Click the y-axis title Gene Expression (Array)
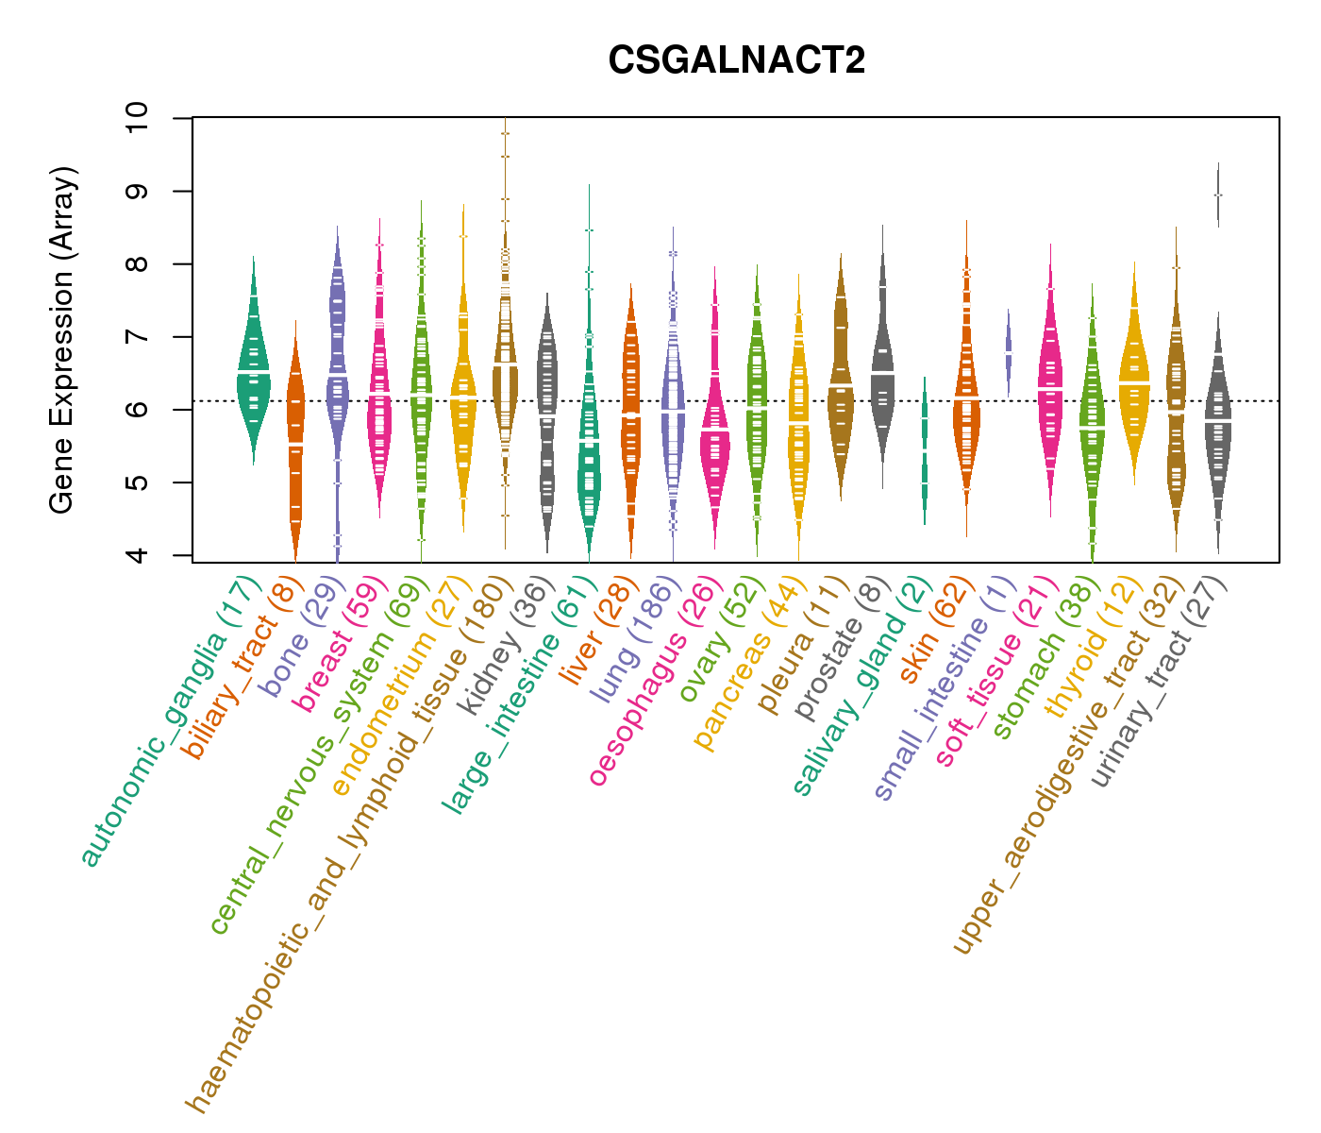point(62,340)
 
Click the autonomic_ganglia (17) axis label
point(169,719)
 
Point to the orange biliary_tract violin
point(295,453)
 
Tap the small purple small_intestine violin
point(1009,349)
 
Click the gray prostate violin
point(882,378)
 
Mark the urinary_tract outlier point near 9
point(1218,194)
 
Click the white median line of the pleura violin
point(840,387)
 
